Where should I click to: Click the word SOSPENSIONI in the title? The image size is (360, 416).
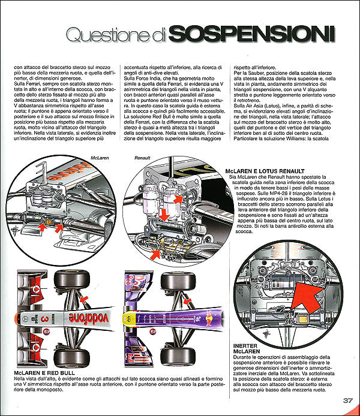(251, 34)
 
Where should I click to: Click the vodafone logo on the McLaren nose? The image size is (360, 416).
(89, 318)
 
